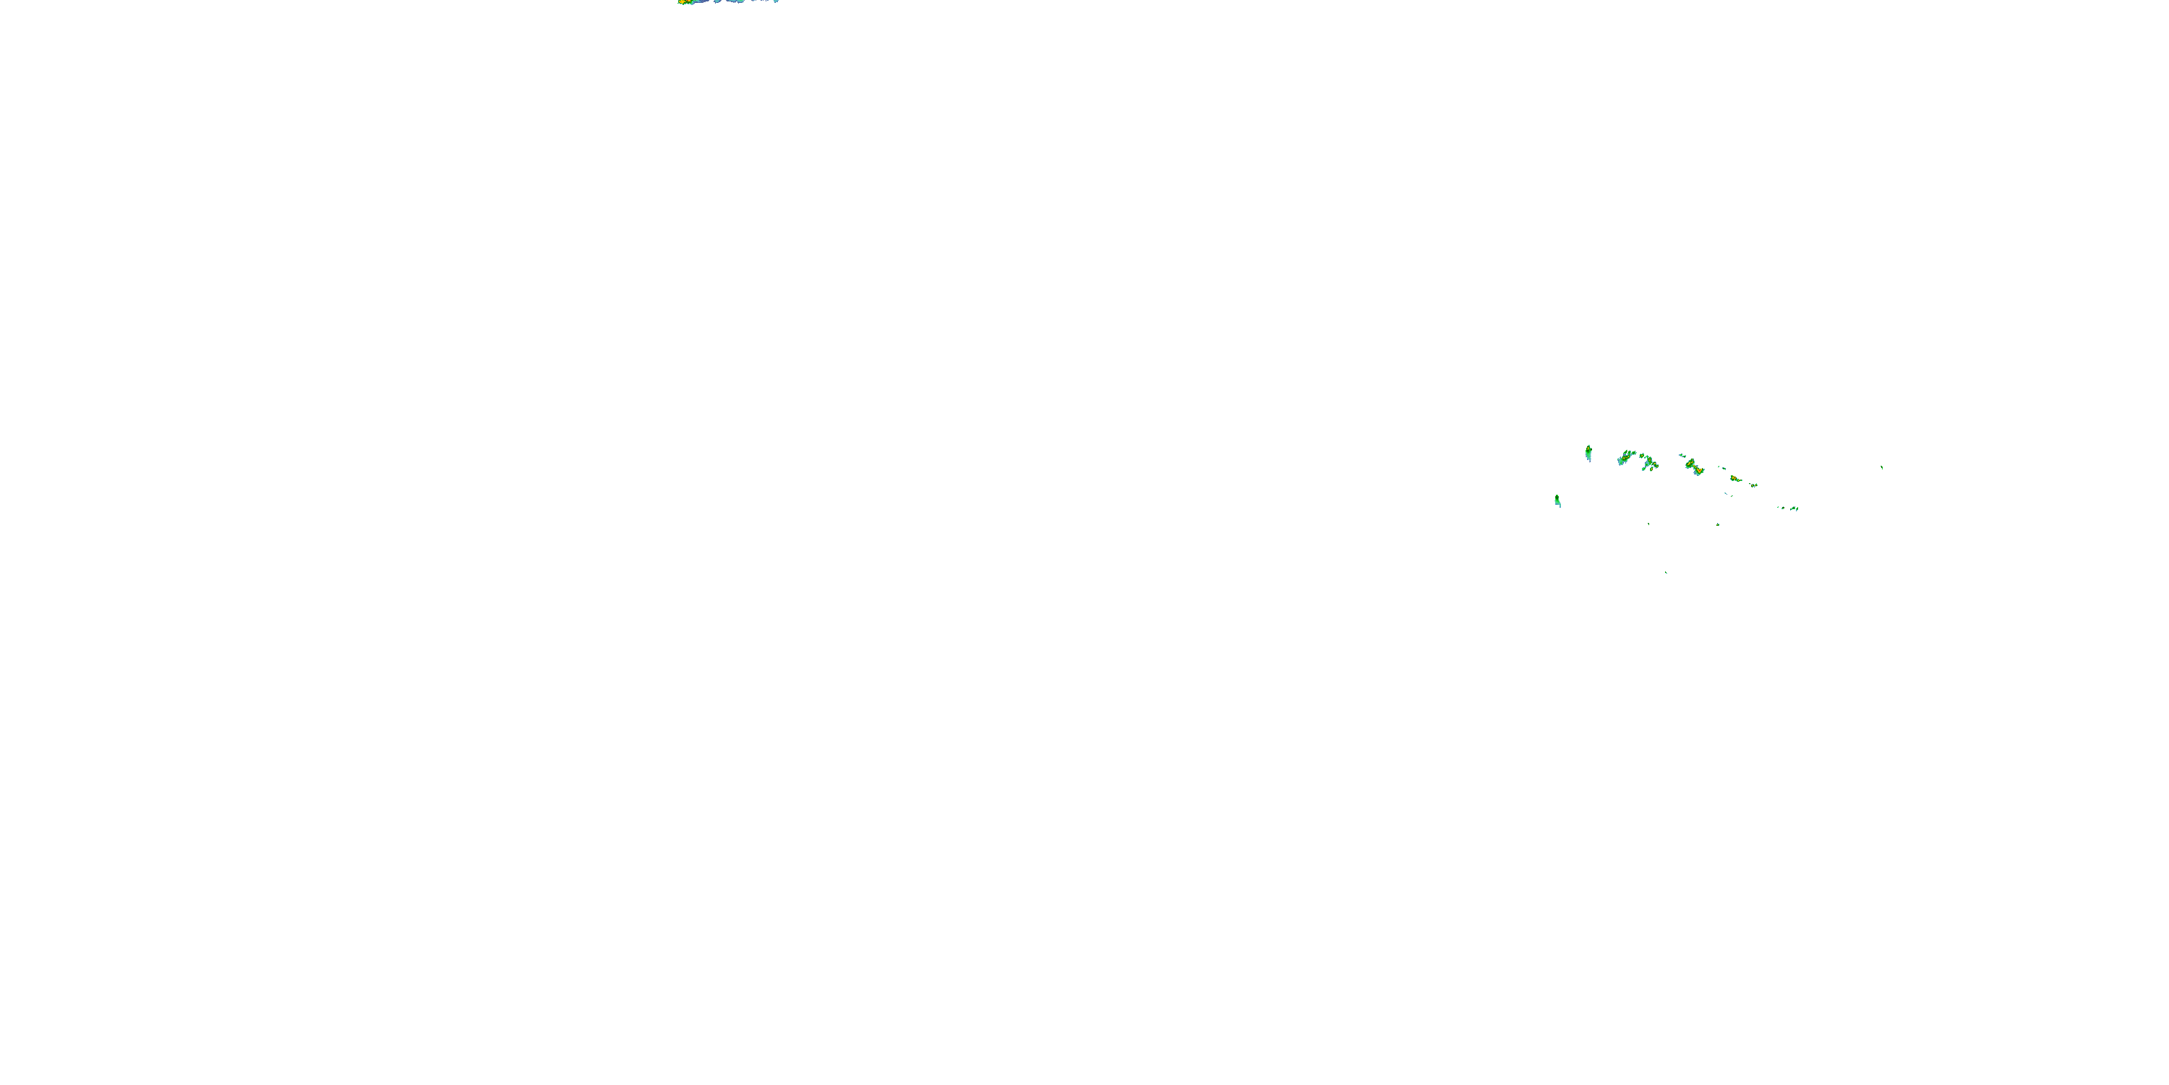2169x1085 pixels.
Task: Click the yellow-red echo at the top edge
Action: click(x=685, y=1)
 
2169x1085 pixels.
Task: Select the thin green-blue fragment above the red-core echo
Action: click(x=1682, y=456)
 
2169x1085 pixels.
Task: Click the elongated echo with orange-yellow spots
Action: click(x=1736, y=480)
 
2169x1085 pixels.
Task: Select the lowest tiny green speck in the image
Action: click(x=1667, y=573)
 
